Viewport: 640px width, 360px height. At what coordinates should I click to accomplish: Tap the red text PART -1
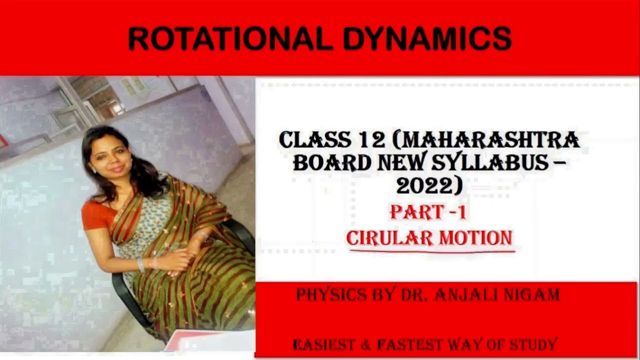tap(428, 212)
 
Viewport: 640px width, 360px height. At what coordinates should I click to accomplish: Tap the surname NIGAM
tap(532, 295)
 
